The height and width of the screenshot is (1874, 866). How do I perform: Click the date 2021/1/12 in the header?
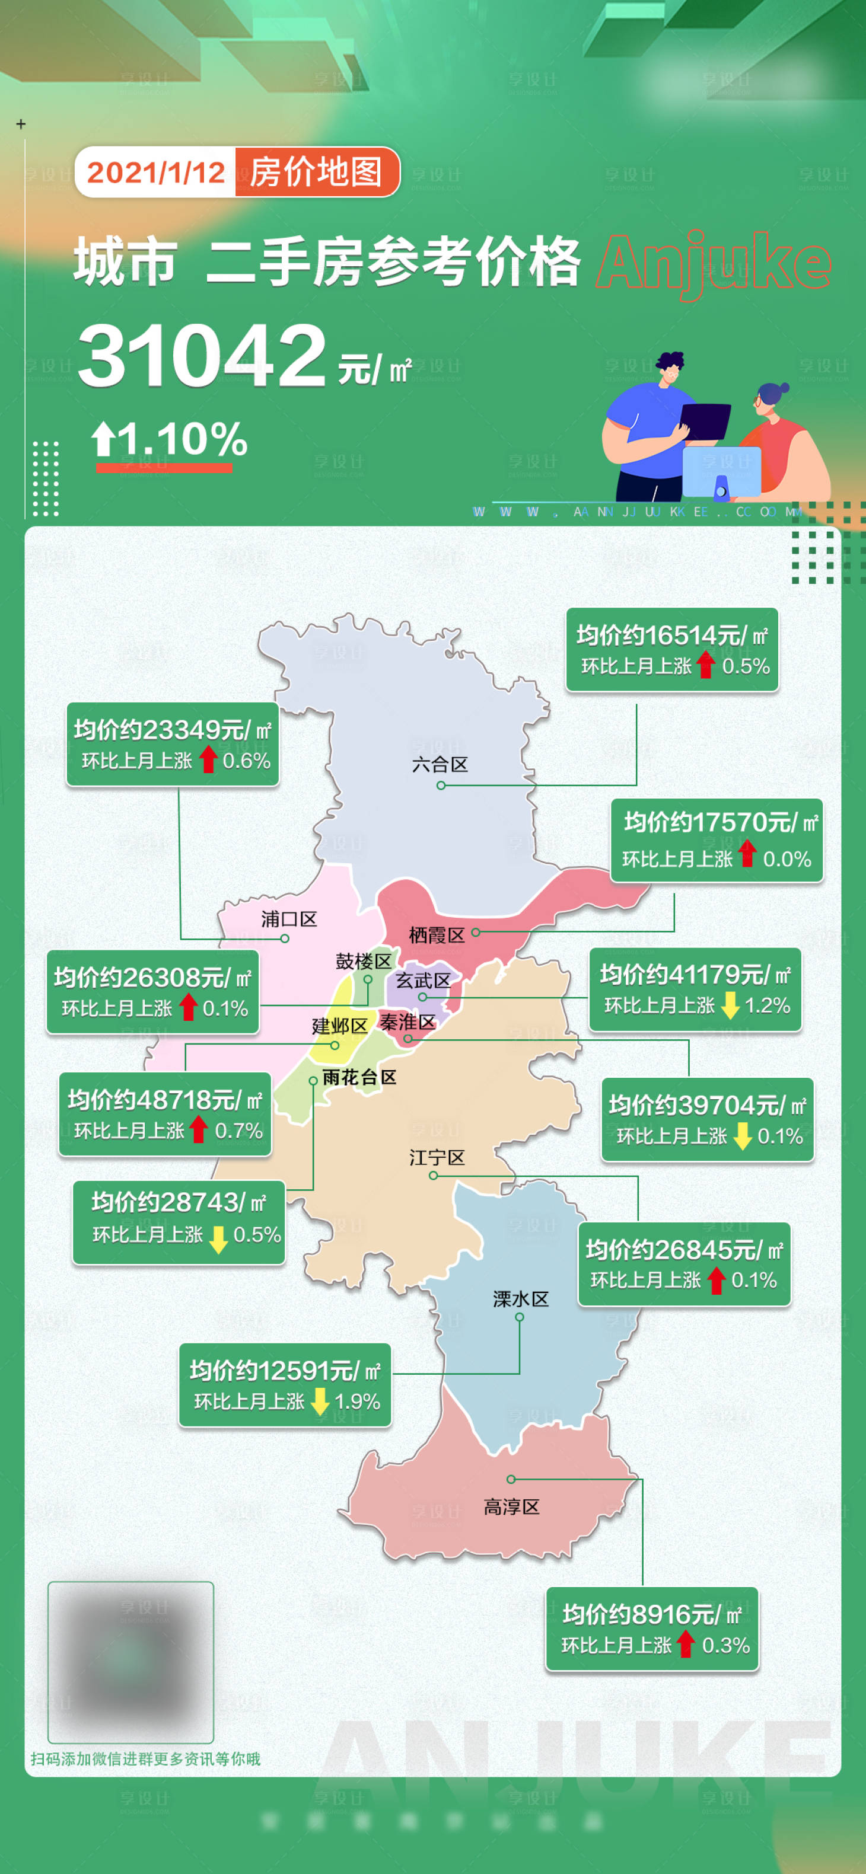click(x=156, y=173)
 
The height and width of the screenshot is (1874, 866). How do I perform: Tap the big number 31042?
click(x=202, y=356)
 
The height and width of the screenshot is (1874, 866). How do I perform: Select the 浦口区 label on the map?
click(x=289, y=920)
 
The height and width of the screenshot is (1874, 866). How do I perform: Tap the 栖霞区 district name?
click(x=436, y=936)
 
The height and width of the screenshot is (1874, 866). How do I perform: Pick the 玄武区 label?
click(x=423, y=981)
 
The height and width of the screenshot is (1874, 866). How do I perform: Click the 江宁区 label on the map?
click(x=437, y=1157)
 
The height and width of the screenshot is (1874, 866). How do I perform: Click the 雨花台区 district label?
click(x=359, y=1077)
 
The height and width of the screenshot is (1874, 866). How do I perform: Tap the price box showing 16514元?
click(x=671, y=650)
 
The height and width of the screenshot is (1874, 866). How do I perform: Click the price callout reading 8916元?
click(x=652, y=1629)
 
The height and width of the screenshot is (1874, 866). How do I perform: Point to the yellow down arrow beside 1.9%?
click(x=320, y=1401)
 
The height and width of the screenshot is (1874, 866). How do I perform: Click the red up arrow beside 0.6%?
click(x=209, y=759)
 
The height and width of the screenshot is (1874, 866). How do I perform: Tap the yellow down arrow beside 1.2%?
click(x=730, y=1005)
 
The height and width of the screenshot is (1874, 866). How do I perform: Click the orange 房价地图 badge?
click(x=317, y=173)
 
